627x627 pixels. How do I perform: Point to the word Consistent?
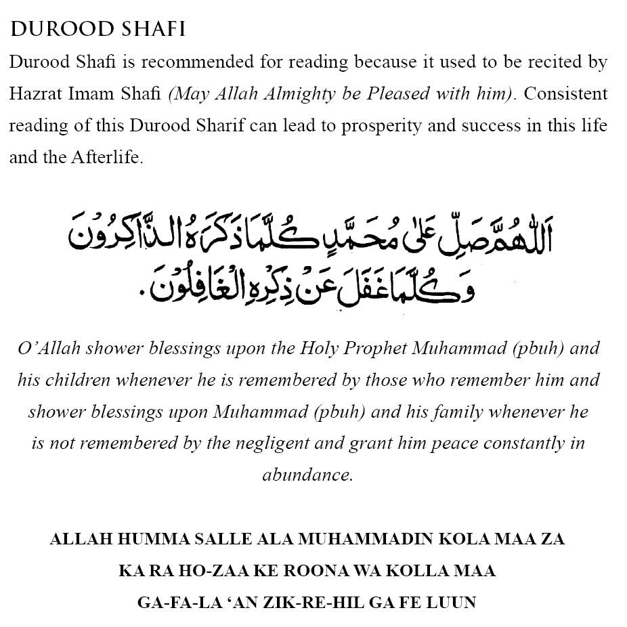click(565, 94)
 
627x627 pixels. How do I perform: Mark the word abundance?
click(307, 475)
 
